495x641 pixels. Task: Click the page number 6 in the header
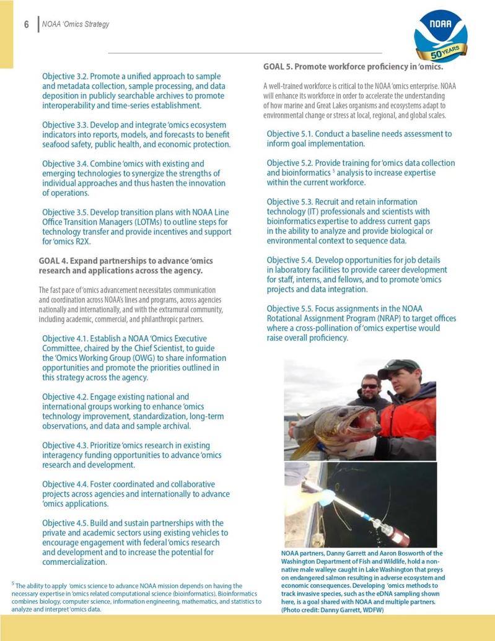(x=27, y=25)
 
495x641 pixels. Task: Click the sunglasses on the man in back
(x=370, y=386)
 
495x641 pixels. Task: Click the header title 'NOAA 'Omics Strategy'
(x=76, y=25)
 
